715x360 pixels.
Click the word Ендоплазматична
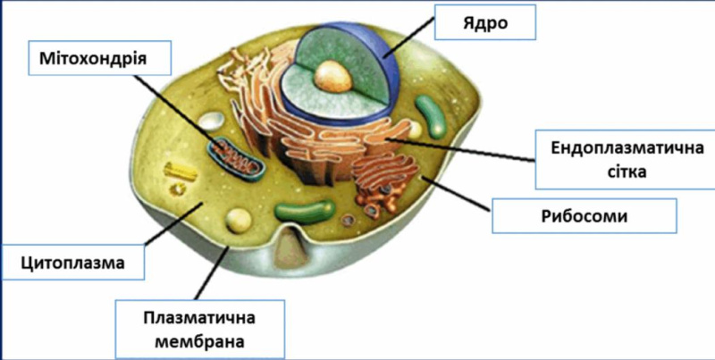(x=619, y=147)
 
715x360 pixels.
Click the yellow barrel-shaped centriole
(x=183, y=170)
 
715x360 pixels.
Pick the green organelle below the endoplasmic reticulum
(x=305, y=212)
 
